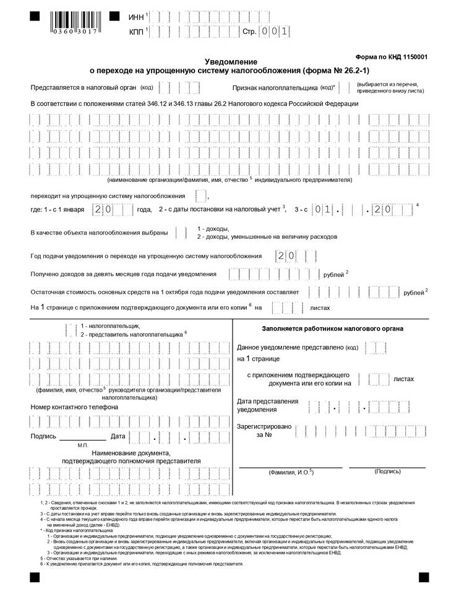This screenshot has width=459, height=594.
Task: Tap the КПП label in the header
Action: tap(136, 31)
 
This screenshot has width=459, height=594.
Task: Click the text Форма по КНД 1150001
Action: tap(392, 57)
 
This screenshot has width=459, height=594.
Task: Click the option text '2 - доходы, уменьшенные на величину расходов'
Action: tap(267, 237)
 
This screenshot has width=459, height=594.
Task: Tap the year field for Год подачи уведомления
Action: tap(288, 256)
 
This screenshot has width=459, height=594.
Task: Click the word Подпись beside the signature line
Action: tap(43, 437)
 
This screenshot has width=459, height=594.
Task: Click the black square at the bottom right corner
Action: tap(424, 577)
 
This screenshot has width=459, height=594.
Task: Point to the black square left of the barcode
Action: tap(34, 15)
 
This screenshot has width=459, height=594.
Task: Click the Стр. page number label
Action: tap(249, 31)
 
